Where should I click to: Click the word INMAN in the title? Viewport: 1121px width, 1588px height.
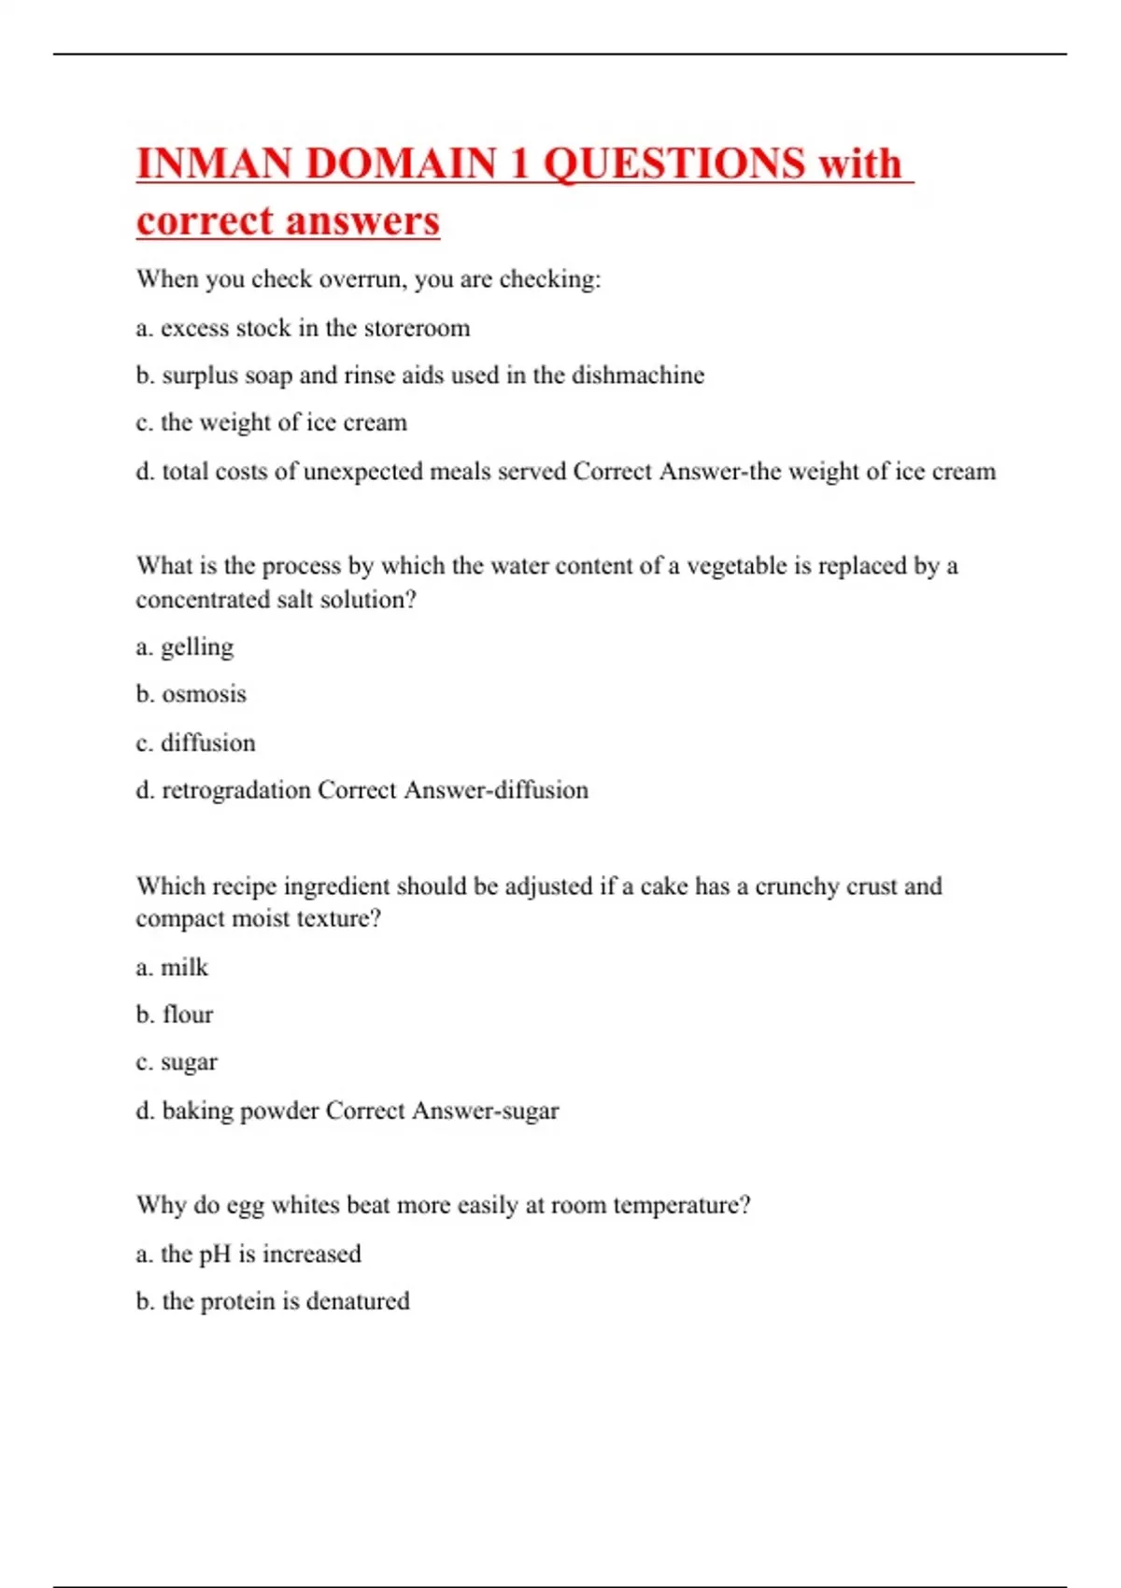click(214, 163)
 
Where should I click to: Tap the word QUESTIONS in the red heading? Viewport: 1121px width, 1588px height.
click(674, 163)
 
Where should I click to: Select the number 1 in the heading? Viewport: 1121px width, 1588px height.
click(519, 163)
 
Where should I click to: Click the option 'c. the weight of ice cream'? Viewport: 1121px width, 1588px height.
click(271, 423)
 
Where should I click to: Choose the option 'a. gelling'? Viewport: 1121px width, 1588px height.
click(184, 647)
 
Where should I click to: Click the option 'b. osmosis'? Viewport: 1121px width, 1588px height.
click(191, 694)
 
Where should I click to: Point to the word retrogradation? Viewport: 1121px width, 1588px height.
click(235, 790)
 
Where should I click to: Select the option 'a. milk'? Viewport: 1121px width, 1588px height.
click(172, 967)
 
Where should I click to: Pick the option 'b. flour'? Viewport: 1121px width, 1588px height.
click(174, 1014)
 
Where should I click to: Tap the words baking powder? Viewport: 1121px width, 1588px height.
click(240, 1111)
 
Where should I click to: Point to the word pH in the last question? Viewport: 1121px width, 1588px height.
click(215, 1254)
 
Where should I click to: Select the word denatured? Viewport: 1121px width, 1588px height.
click(358, 1301)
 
